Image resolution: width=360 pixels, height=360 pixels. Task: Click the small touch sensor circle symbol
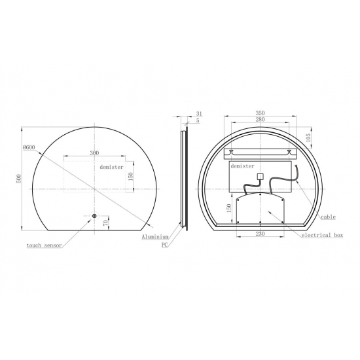click(94, 217)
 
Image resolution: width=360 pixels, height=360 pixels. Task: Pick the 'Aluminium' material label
click(155, 236)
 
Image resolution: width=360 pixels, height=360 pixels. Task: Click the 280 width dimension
click(261, 121)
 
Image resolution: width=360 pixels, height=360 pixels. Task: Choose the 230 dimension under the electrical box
click(261, 233)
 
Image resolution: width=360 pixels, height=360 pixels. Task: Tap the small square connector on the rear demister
click(260, 175)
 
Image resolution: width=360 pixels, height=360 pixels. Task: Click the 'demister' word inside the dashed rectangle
click(111, 167)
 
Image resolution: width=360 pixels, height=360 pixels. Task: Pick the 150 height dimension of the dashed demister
click(130, 175)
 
